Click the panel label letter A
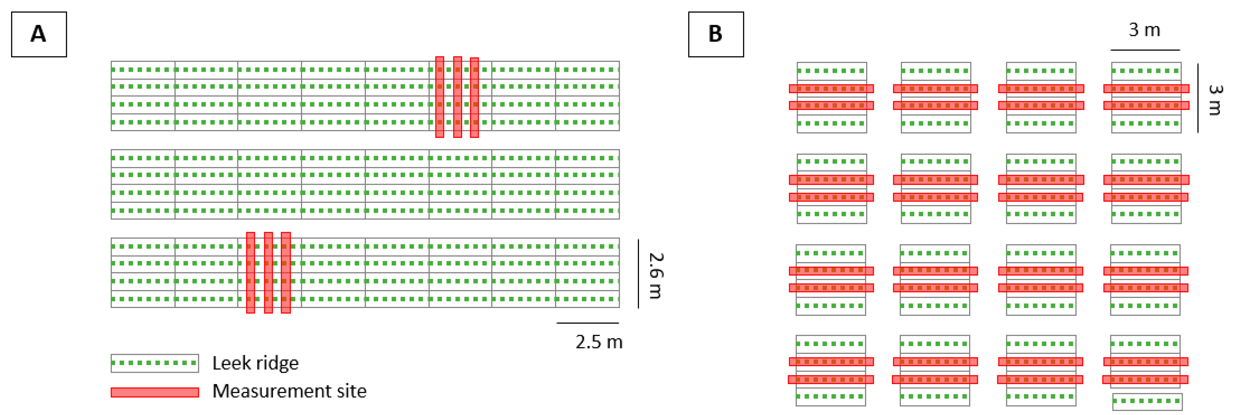(x=38, y=34)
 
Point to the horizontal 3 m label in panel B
(x=1144, y=30)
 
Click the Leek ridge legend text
(x=255, y=363)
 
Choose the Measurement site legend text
(x=289, y=391)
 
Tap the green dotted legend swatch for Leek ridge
(x=154, y=363)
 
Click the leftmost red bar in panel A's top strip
(x=440, y=97)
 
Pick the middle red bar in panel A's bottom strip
(x=268, y=273)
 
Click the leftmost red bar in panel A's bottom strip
(x=250, y=273)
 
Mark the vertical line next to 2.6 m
(x=638, y=273)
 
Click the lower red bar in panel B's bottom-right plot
(x=1145, y=379)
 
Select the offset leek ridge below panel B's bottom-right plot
(x=1147, y=402)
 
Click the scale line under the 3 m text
(x=1145, y=50)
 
